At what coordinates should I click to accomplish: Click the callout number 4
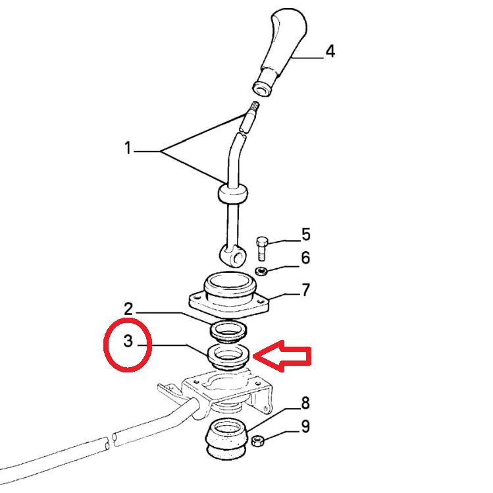330,51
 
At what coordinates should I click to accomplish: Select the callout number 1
127,148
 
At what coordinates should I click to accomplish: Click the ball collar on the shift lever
232,194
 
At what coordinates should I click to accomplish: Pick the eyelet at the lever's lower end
232,256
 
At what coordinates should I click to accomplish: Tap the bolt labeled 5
262,249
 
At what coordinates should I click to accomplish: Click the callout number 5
306,235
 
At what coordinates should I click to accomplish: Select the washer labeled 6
261,271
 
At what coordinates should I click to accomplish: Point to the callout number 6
305,258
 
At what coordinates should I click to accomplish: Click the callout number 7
305,290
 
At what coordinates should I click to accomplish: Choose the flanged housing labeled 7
228,294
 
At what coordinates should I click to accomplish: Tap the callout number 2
128,309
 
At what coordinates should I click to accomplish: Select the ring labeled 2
228,332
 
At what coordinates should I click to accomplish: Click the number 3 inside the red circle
128,341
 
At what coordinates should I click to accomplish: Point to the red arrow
282,356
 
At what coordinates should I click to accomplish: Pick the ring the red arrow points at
228,357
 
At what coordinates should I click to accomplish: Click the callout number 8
305,403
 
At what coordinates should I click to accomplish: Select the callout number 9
305,427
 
